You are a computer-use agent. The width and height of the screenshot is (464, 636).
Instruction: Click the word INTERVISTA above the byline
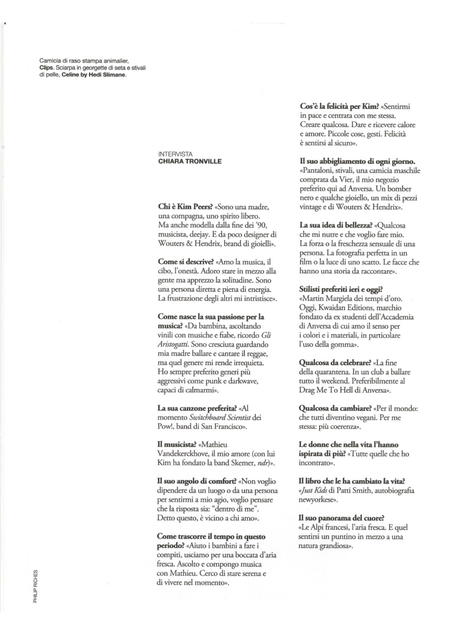175,154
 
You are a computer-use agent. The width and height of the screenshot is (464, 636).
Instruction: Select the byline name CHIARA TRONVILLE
190,162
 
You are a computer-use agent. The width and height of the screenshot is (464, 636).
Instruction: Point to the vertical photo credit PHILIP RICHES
35,587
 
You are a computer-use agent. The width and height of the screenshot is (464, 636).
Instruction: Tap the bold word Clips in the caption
47,68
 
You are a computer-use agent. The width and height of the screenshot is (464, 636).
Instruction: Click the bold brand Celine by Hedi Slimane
94,75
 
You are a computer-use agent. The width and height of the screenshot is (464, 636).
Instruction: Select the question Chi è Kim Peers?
185,207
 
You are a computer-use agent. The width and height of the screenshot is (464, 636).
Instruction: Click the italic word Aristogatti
173,344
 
